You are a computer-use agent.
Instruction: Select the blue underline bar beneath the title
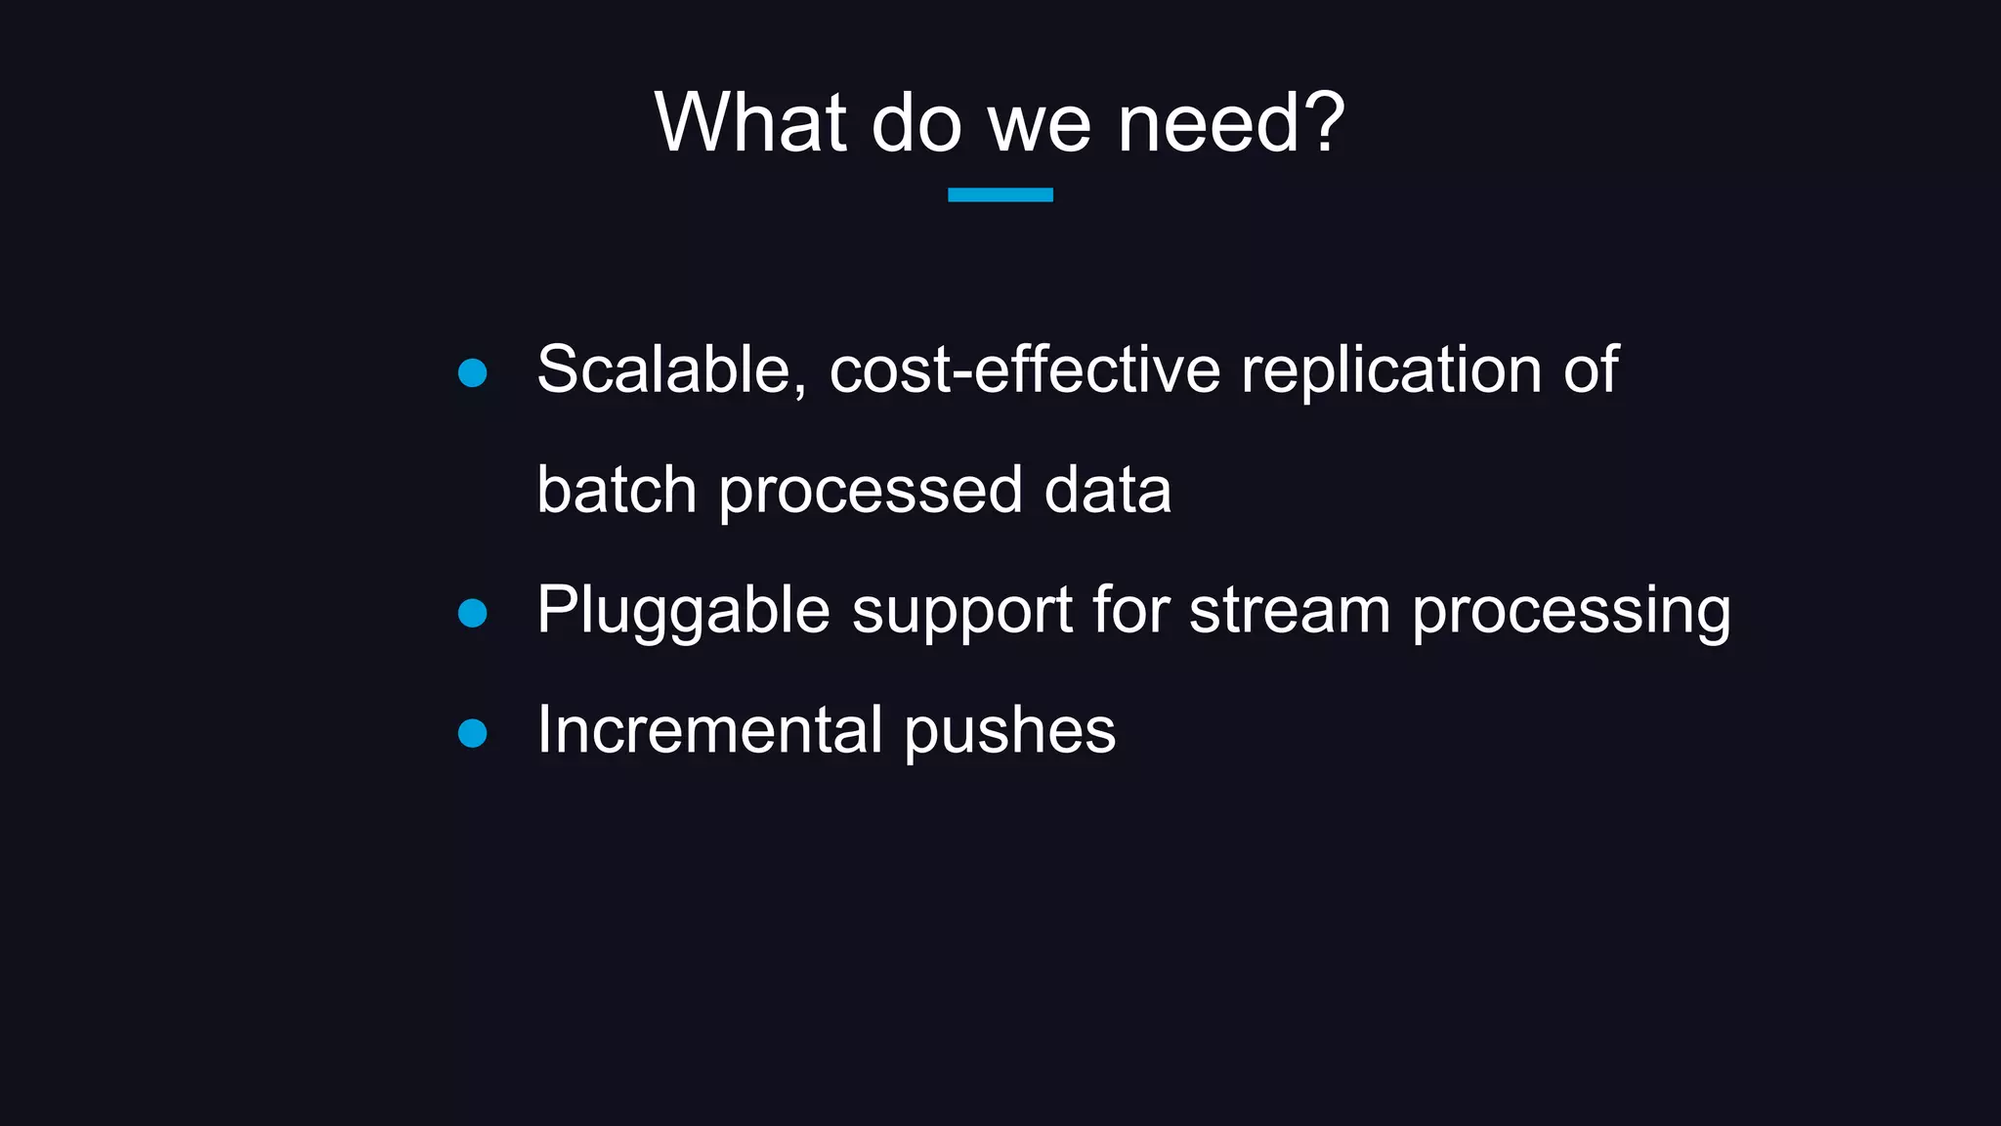[x=1000, y=195]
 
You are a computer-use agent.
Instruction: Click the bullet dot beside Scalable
[x=473, y=372]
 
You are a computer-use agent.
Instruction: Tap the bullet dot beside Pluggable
[x=473, y=613]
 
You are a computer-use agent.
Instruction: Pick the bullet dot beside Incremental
[x=473, y=733]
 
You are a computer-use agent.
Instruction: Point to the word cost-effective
[x=1024, y=370]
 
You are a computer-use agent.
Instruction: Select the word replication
[x=1391, y=370]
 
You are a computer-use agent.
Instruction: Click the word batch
[x=617, y=490]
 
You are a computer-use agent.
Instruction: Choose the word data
[x=1107, y=490]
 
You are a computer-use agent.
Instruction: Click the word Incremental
[x=710, y=730]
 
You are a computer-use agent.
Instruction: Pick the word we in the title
[x=1039, y=124]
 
